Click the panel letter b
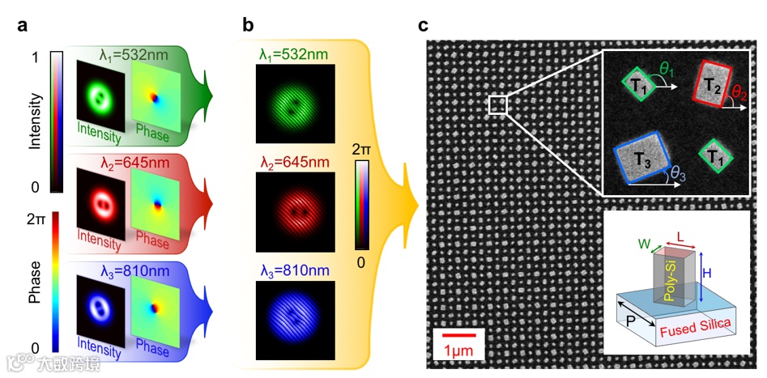[x=249, y=24]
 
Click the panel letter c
[x=423, y=24]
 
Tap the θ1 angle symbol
[x=667, y=71]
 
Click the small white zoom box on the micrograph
[x=497, y=104]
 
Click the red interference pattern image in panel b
[x=294, y=211]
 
